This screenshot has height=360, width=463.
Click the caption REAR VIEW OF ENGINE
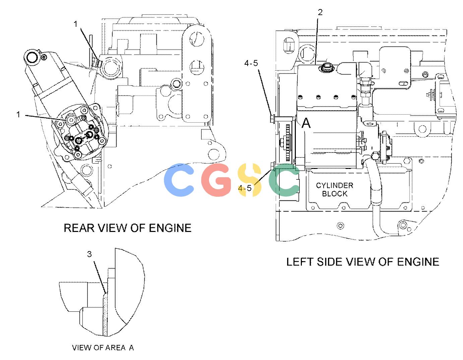click(127, 228)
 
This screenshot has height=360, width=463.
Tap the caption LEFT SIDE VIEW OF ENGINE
click(362, 262)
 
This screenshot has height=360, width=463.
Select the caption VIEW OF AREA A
click(103, 348)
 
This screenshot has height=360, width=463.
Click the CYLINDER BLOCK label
click(334, 189)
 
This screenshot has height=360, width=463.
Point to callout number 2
click(320, 12)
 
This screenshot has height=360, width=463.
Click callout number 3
click(89, 254)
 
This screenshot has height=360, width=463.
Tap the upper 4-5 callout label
click(251, 63)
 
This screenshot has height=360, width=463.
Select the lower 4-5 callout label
click(245, 188)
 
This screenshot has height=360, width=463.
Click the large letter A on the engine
click(306, 123)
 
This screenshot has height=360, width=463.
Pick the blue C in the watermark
click(179, 180)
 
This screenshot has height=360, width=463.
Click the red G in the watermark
click(216, 180)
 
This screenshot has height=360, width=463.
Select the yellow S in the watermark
click(249, 180)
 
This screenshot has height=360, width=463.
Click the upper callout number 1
click(75, 24)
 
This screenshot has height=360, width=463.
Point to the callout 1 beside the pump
click(18, 114)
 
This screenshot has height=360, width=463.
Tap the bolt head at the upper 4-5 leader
click(272, 119)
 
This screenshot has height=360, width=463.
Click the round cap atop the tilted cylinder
click(31, 57)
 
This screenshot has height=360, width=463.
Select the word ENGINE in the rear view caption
click(170, 228)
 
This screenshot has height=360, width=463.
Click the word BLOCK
click(334, 193)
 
